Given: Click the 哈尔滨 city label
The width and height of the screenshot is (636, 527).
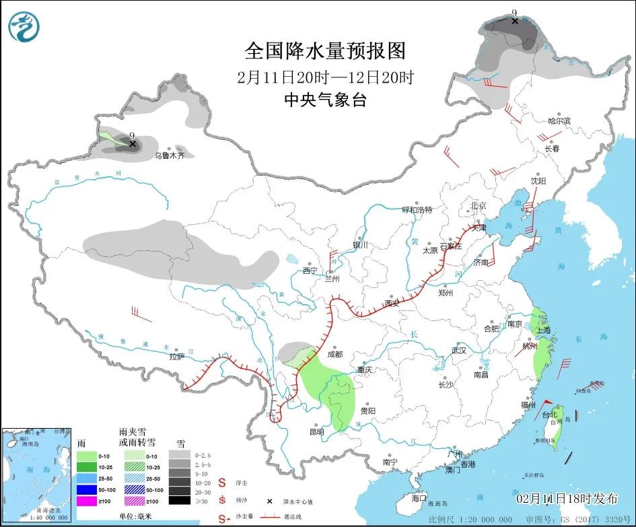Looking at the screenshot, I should pyautogui.click(x=559, y=121).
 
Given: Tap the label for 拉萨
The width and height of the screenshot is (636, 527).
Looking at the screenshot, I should pyautogui.click(x=177, y=357).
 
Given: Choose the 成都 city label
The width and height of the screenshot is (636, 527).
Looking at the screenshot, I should pyautogui.click(x=334, y=354).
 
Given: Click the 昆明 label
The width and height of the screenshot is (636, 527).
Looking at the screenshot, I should pyautogui.click(x=317, y=431).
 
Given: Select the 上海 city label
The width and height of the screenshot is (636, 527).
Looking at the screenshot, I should pyautogui.click(x=543, y=330).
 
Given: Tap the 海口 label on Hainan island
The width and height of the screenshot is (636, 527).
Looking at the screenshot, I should pyautogui.click(x=419, y=498).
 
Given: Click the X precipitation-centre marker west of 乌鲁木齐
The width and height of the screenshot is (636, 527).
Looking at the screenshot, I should pyautogui.click(x=133, y=144).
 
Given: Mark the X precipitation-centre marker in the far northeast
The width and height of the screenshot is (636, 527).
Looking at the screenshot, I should pyautogui.click(x=515, y=21).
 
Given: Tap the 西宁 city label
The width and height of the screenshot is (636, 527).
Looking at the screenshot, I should pyautogui.click(x=310, y=271).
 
